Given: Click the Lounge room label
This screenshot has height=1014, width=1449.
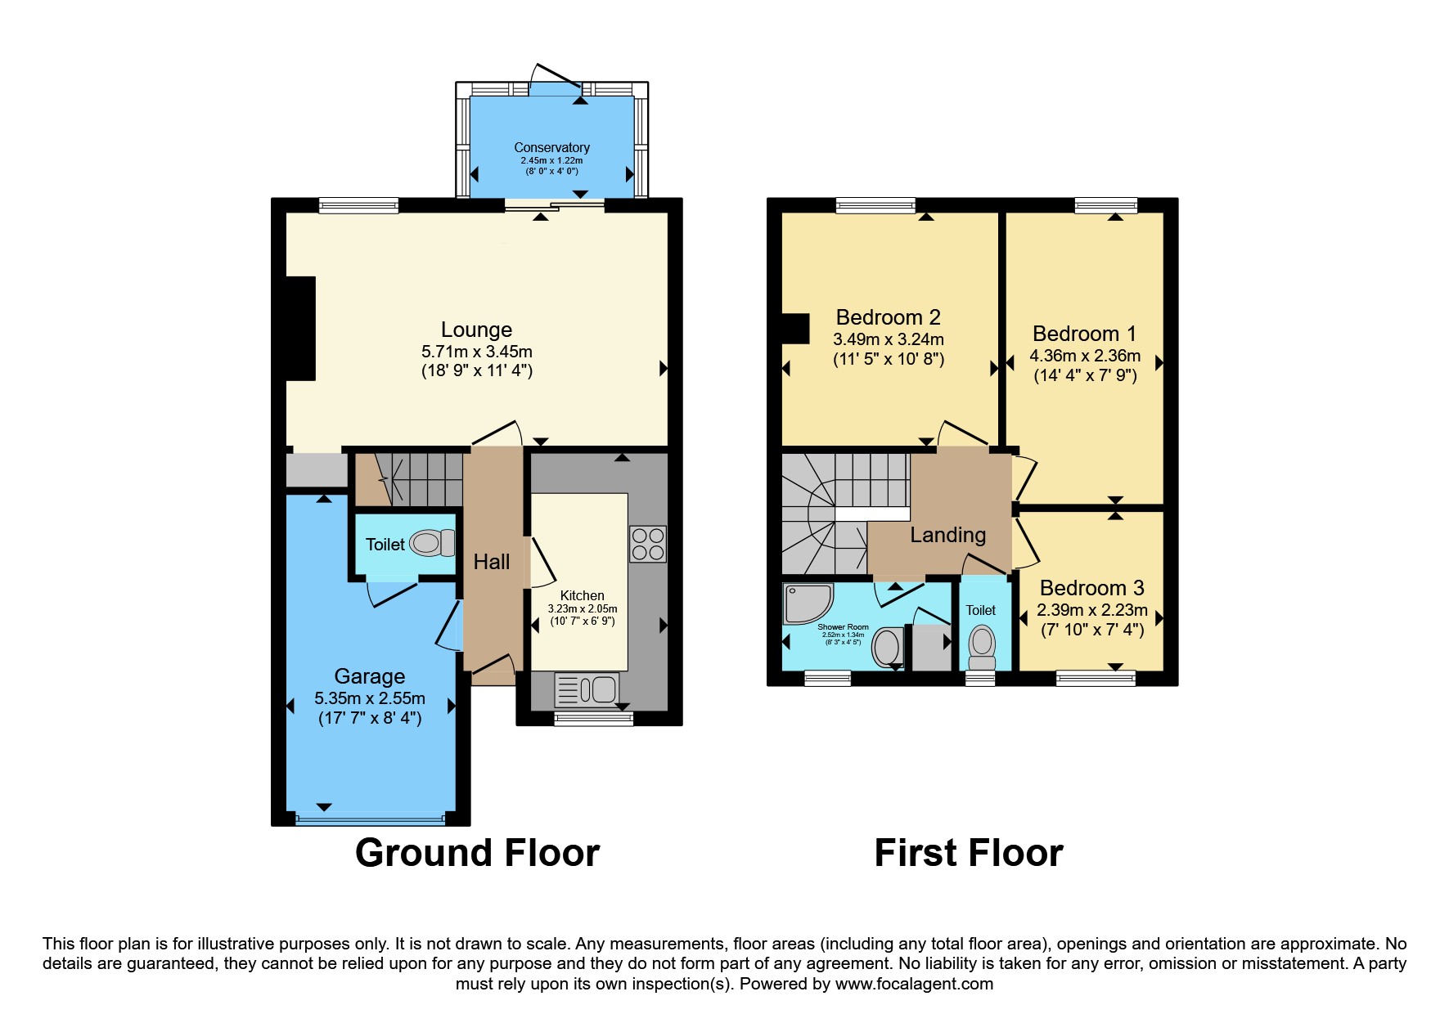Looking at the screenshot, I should tap(476, 330).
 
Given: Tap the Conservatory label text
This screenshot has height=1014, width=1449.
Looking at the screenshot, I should tap(551, 147).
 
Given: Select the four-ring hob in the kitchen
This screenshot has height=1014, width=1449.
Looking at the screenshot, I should tap(647, 545).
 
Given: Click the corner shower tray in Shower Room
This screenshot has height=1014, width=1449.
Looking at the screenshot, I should tap(806, 603).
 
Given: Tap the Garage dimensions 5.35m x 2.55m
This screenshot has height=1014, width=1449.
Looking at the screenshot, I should tap(370, 698).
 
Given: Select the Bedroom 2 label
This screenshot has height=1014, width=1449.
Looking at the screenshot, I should tap(888, 317).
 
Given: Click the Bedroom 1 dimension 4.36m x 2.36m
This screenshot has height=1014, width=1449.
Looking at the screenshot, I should tap(1084, 356).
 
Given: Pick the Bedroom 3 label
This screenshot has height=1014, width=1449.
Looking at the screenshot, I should tap(1091, 588).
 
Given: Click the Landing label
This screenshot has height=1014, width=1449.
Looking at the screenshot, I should tap(947, 535).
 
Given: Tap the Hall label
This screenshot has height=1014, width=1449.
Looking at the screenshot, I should tap(491, 562).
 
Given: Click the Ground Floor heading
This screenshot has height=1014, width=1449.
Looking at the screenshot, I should tap(477, 853).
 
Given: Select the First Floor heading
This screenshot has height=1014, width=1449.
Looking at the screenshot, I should tap(968, 853).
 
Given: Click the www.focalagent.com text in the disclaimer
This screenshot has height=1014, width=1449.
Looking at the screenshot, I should tap(913, 984).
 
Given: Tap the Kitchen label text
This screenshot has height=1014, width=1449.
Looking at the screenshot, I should tap(582, 595).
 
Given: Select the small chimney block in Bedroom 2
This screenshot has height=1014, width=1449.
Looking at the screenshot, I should tap(795, 329).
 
